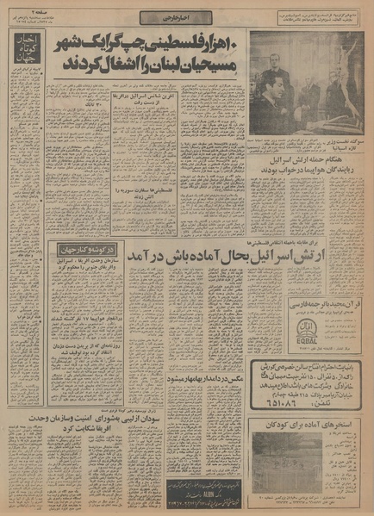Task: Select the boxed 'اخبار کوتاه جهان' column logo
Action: coord(26,57)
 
